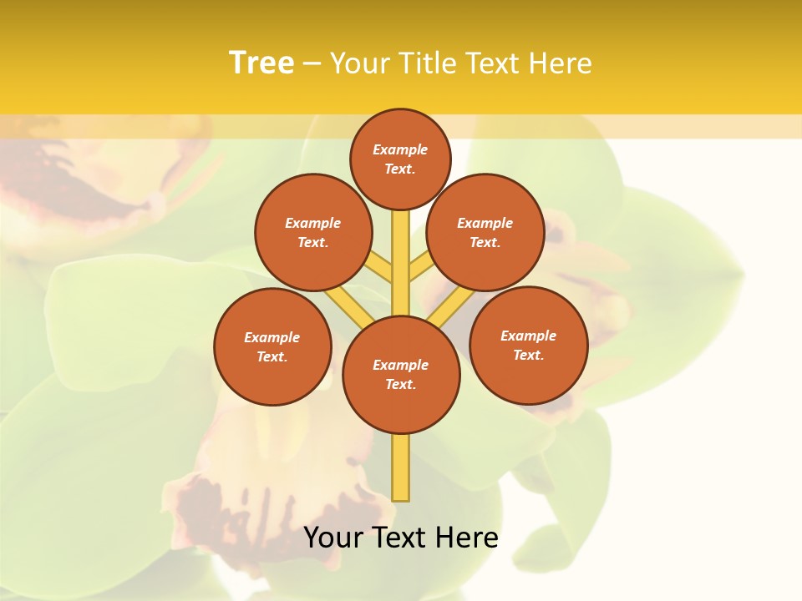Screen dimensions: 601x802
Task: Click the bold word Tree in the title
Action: coord(261,63)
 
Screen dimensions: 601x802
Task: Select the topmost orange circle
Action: coord(400,159)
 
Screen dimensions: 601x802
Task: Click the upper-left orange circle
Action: coord(313,232)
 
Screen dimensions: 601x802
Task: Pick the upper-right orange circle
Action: coord(485,232)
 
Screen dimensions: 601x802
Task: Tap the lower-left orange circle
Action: coord(272,346)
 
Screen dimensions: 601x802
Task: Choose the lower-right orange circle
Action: coord(529,345)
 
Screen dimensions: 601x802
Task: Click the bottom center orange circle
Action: coord(401,375)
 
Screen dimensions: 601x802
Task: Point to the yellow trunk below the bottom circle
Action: coord(401,467)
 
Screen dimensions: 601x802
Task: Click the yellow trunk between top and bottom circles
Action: coord(401,263)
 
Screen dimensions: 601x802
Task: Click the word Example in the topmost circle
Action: coord(400,149)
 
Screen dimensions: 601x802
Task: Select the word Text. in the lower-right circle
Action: coord(528,355)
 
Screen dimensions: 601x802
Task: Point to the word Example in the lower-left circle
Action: coord(272,337)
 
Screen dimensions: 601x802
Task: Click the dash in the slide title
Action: coord(312,63)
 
